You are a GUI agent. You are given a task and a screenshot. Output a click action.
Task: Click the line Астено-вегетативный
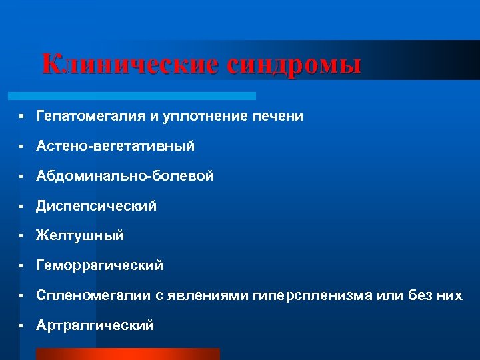[x=115, y=146]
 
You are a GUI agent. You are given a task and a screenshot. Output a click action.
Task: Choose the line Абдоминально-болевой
[x=125, y=176]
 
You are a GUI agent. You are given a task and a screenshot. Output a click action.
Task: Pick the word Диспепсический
[x=97, y=206]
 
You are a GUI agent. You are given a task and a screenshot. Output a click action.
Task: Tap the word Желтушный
[x=81, y=236]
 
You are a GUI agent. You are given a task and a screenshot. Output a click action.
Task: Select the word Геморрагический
[x=100, y=266]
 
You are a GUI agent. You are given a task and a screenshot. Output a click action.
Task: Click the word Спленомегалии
[x=94, y=295]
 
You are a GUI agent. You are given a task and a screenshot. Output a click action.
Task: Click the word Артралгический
[x=95, y=325]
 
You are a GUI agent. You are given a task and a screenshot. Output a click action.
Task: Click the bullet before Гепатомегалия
[x=22, y=117]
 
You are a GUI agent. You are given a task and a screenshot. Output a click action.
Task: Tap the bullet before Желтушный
[x=22, y=236]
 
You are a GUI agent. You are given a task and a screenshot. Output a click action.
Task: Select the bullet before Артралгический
[x=22, y=325]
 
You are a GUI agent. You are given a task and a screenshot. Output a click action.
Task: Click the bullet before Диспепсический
[x=22, y=206]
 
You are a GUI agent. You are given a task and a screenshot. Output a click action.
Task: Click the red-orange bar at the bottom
[x=127, y=353]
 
